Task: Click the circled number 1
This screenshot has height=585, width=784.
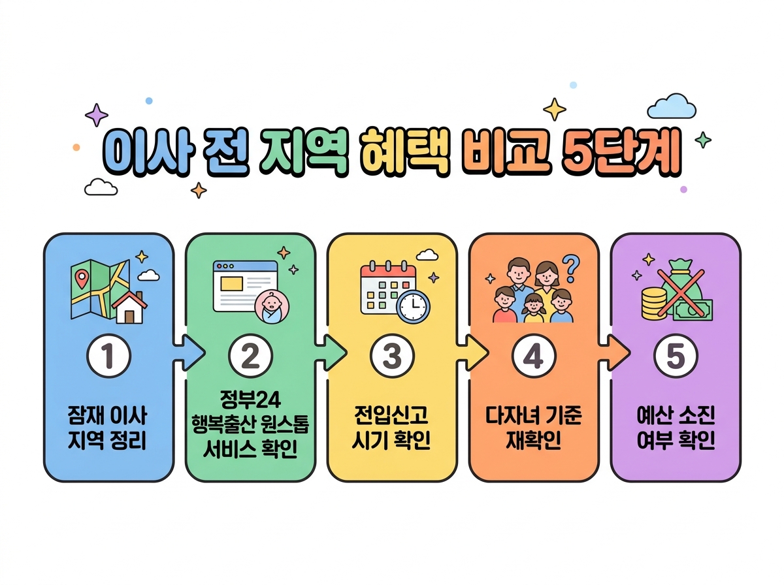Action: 108,355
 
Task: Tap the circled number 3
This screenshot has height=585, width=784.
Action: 392,355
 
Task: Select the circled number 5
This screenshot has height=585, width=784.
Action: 675,355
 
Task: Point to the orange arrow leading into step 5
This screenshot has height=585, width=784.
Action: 614,353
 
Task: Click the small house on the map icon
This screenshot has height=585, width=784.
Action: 129,308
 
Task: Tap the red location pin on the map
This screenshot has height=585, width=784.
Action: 82,279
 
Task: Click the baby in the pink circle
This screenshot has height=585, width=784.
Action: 271,306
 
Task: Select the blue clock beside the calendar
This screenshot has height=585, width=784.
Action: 414,307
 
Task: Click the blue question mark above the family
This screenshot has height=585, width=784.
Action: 571,268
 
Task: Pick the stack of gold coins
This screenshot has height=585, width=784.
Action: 653,304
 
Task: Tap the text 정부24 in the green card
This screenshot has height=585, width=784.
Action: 250,400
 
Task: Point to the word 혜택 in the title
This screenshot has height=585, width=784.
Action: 404,151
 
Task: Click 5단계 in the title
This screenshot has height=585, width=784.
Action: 621,151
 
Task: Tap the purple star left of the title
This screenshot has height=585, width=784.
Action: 97,114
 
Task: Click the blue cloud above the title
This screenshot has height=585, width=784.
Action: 671,106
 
